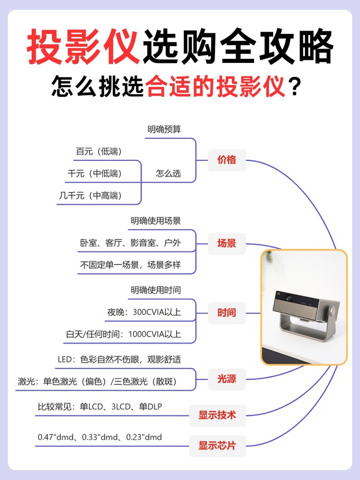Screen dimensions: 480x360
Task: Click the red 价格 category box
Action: tap(227, 159)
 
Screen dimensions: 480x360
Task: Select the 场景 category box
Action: tap(227, 243)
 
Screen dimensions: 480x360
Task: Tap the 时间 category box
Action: tap(227, 312)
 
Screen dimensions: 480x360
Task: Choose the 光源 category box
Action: tap(227, 379)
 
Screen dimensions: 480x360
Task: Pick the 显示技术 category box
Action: tap(217, 415)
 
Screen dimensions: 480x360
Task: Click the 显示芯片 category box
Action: tap(217, 446)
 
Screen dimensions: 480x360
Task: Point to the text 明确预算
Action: tap(164, 129)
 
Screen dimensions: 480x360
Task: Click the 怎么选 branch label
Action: tap(168, 173)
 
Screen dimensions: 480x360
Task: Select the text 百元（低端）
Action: tap(99, 151)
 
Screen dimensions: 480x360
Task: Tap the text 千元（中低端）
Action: tap(95, 173)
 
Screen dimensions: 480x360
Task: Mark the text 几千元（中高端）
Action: tap(91, 195)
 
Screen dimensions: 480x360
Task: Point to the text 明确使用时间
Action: tap(156, 289)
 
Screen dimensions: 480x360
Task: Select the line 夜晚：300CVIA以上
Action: tap(144, 312)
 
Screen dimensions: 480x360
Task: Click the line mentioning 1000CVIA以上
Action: tap(123, 334)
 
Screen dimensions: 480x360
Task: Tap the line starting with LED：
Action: tap(119, 360)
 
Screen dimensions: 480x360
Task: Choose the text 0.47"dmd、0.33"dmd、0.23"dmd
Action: tap(100, 437)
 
